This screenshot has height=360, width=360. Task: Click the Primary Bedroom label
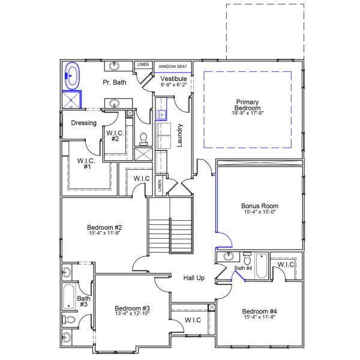click(x=247, y=104)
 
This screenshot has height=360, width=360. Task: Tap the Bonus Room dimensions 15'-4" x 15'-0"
click(x=260, y=212)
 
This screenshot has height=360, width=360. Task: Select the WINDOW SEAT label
click(x=173, y=66)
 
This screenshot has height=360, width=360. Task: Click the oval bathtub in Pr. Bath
click(x=73, y=76)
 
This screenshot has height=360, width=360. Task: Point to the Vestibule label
click(x=174, y=79)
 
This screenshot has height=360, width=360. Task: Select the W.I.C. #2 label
click(x=115, y=136)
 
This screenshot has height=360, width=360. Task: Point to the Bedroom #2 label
click(x=104, y=227)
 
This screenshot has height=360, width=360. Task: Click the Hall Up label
click(x=194, y=278)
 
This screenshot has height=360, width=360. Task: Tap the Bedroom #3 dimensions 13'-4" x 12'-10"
click(x=131, y=313)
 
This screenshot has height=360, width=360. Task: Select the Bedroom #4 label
click(x=260, y=311)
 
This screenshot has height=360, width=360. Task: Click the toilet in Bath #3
click(x=70, y=320)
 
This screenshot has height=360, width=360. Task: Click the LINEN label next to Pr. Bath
click(x=143, y=64)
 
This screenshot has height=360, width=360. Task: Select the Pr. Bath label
click(x=114, y=82)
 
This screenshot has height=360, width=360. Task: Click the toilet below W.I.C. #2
click(x=143, y=139)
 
